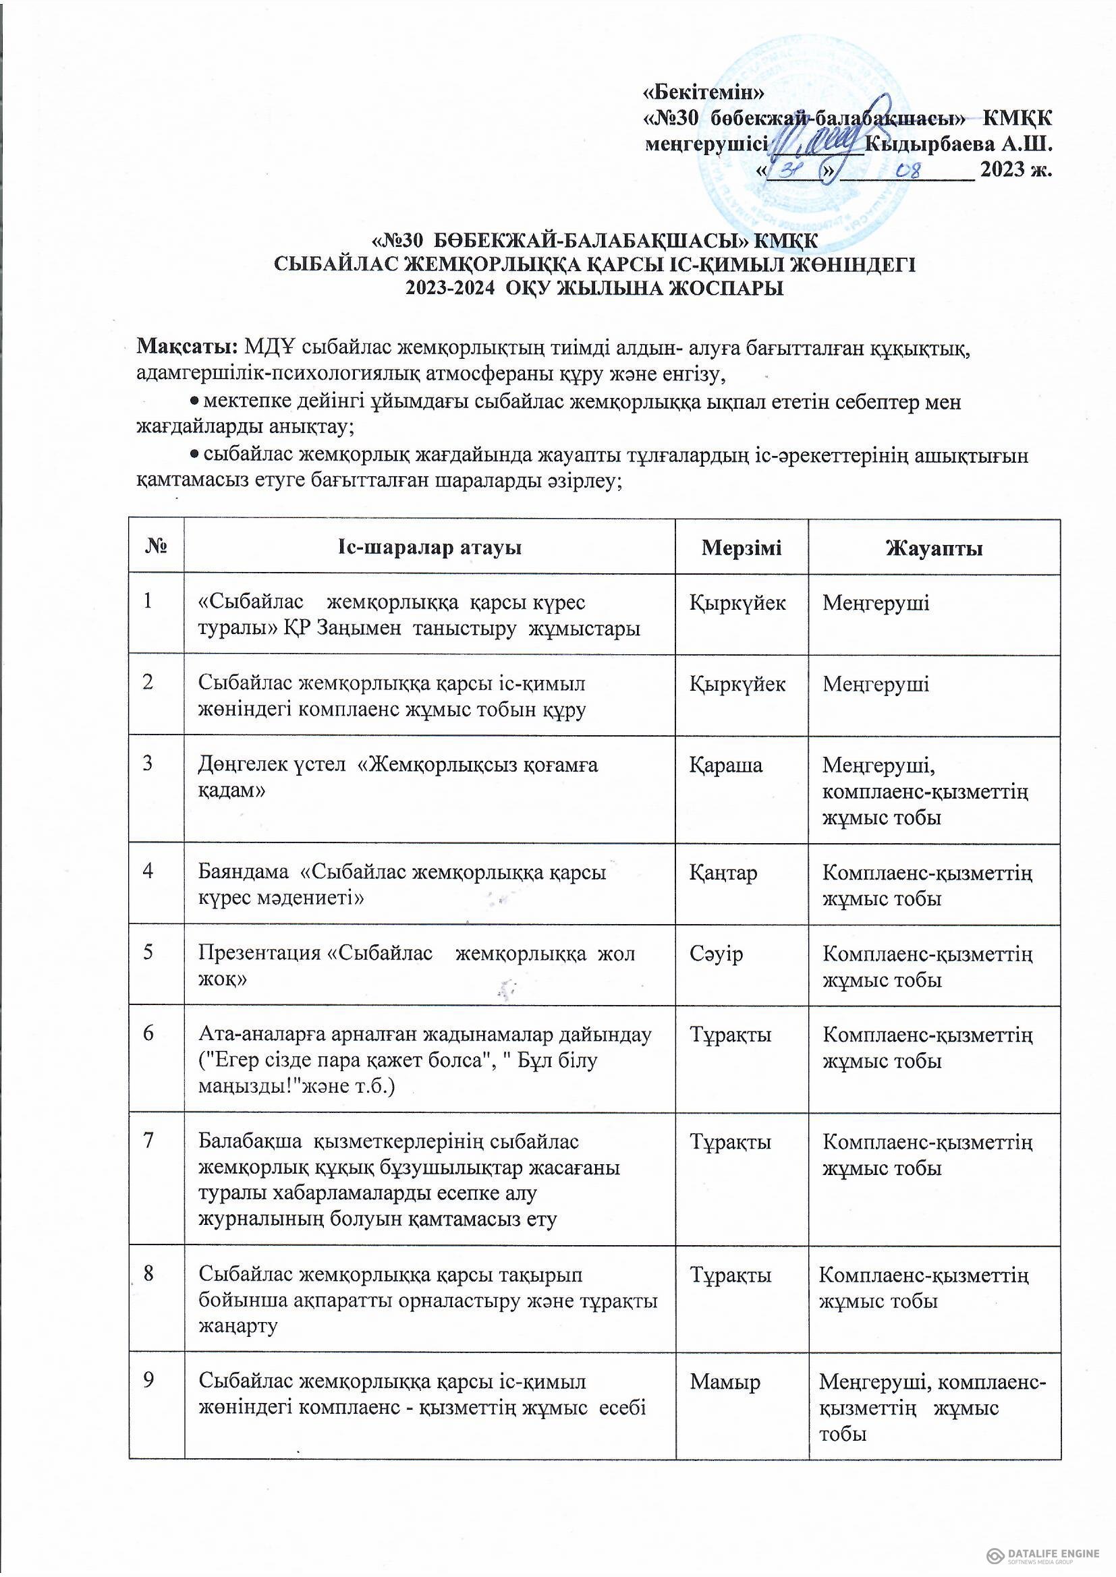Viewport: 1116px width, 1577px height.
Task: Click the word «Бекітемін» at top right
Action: tap(702, 90)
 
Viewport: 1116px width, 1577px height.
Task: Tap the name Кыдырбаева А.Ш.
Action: tap(958, 144)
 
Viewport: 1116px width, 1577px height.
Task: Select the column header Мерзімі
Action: tap(741, 548)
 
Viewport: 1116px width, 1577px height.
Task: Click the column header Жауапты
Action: tap(934, 548)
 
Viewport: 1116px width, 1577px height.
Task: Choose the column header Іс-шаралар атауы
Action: tap(429, 548)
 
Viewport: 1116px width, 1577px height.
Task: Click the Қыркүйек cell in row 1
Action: tap(737, 602)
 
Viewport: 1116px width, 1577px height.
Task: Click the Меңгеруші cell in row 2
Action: tap(876, 683)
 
